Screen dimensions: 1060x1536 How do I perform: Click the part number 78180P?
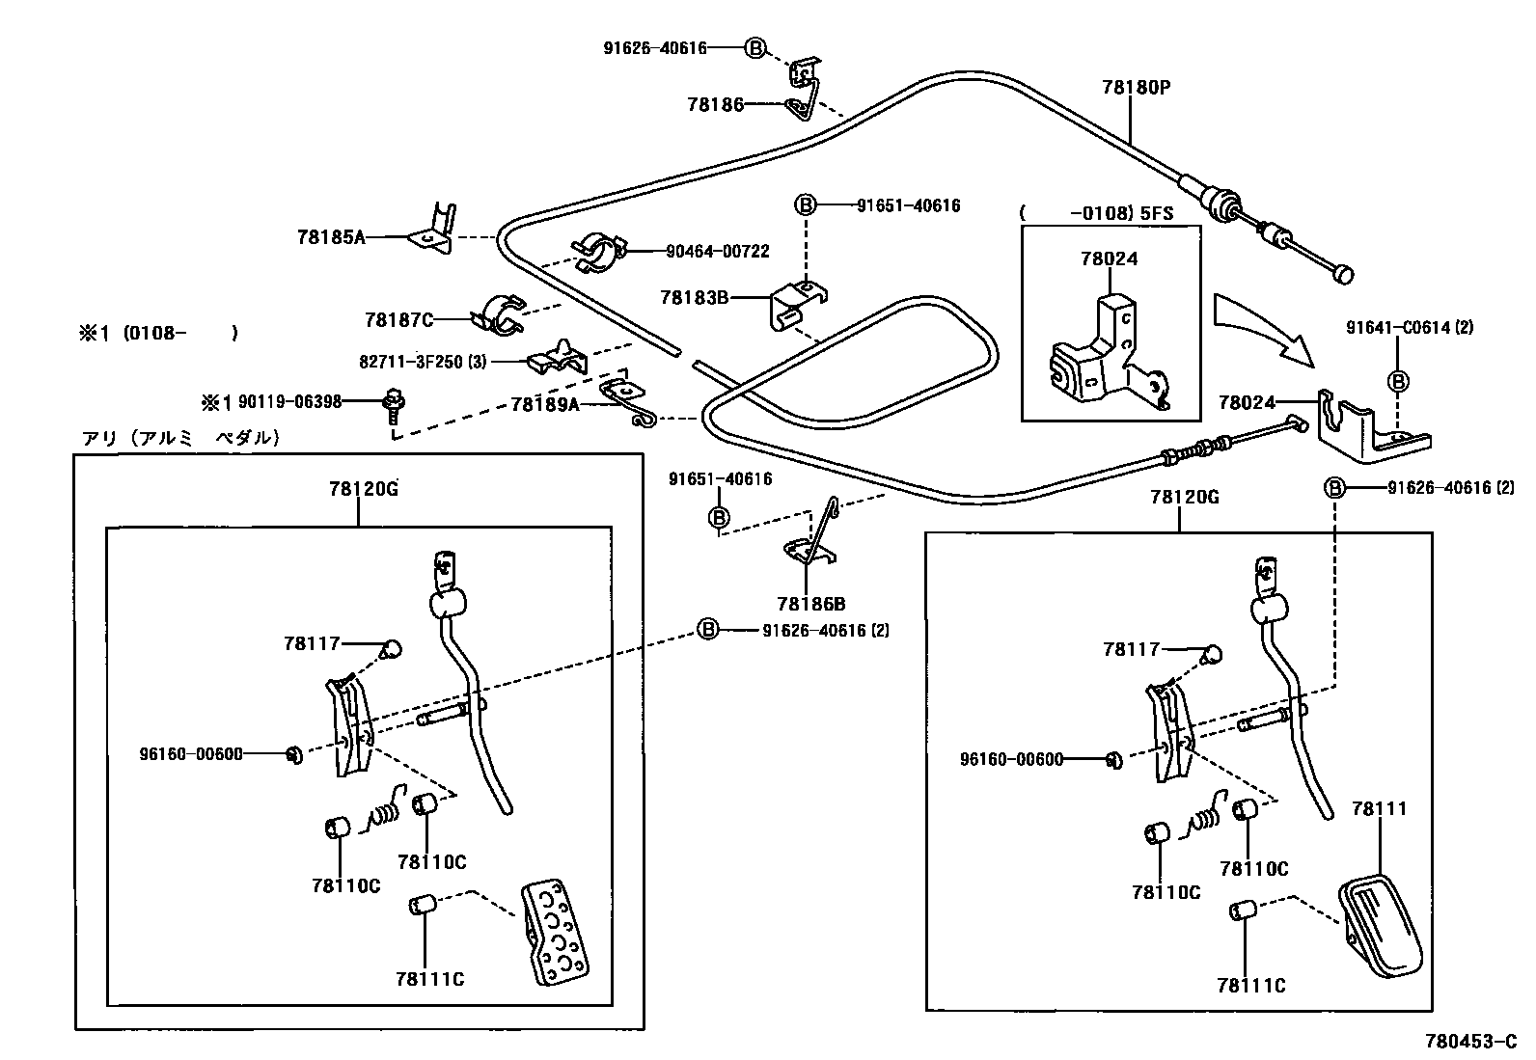(x=1136, y=87)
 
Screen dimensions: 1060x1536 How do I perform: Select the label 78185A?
(x=331, y=235)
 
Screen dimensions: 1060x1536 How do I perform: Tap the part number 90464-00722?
(x=717, y=252)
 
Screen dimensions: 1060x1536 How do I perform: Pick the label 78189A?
(x=545, y=405)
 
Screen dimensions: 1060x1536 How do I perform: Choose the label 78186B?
(x=811, y=605)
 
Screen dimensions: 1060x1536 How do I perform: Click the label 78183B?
(x=695, y=297)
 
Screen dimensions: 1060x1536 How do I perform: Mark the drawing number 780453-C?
(x=1472, y=1042)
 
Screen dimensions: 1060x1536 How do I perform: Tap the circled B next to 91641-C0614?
(x=1397, y=381)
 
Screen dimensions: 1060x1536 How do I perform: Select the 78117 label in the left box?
(x=313, y=642)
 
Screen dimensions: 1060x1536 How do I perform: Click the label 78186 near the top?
(x=715, y=104)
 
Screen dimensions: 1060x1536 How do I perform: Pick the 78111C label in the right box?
(x=1251, y=986)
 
